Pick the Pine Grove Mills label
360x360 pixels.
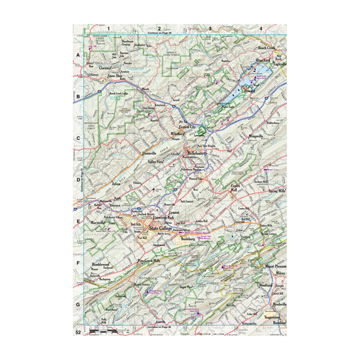coord(149,261)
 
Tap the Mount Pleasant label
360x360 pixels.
coord(274,265)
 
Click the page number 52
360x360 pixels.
coord(78,332)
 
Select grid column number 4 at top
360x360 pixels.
coord(261,28)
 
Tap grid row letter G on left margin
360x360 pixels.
coord(77,305)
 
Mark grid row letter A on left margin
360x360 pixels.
coord(77,55)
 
